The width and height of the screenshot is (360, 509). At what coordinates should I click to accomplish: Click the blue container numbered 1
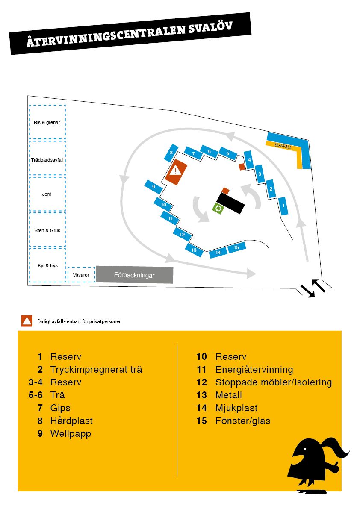pyautogui.click(x=283, y=206)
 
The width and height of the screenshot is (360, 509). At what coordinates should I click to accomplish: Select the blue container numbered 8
pyautogui.click(x=171, y=153)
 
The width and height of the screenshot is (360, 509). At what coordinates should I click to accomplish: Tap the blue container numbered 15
pyautogui.click(x=236, y=248)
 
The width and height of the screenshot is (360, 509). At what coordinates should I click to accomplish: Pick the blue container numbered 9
pyautogui.click(x=153, y=187)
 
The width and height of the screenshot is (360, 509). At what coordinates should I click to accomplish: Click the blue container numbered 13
pyautogui.click(x=194, y=250)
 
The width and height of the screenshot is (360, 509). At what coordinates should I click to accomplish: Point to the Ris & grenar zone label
pyautogui.click(x=47, y=122)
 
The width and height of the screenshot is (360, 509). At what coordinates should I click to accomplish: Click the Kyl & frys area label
pyautogui.click(x=47, y=265)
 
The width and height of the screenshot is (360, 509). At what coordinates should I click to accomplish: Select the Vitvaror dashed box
pyautogui.click(x=81, y=275)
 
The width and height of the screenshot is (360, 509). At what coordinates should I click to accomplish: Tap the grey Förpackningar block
pyautogui.click(x=134, y=275)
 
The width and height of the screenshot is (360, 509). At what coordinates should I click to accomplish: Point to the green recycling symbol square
pyautogui.click(x=218, y=209)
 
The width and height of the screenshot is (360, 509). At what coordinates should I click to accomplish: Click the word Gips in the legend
pyautogui.click(x=60, y=408)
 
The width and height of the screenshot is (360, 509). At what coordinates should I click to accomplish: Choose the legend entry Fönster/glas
pyautogui.click(x=242, y=421)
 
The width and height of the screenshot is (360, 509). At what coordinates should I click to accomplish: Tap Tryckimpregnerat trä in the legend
pyautogui.click(x=96, y=369)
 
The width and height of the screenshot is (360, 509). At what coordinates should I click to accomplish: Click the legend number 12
pyautogui.click(x=201, y=382)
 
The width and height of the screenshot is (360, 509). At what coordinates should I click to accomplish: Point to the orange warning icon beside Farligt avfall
pyautogui.click(x=27, y=321)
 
